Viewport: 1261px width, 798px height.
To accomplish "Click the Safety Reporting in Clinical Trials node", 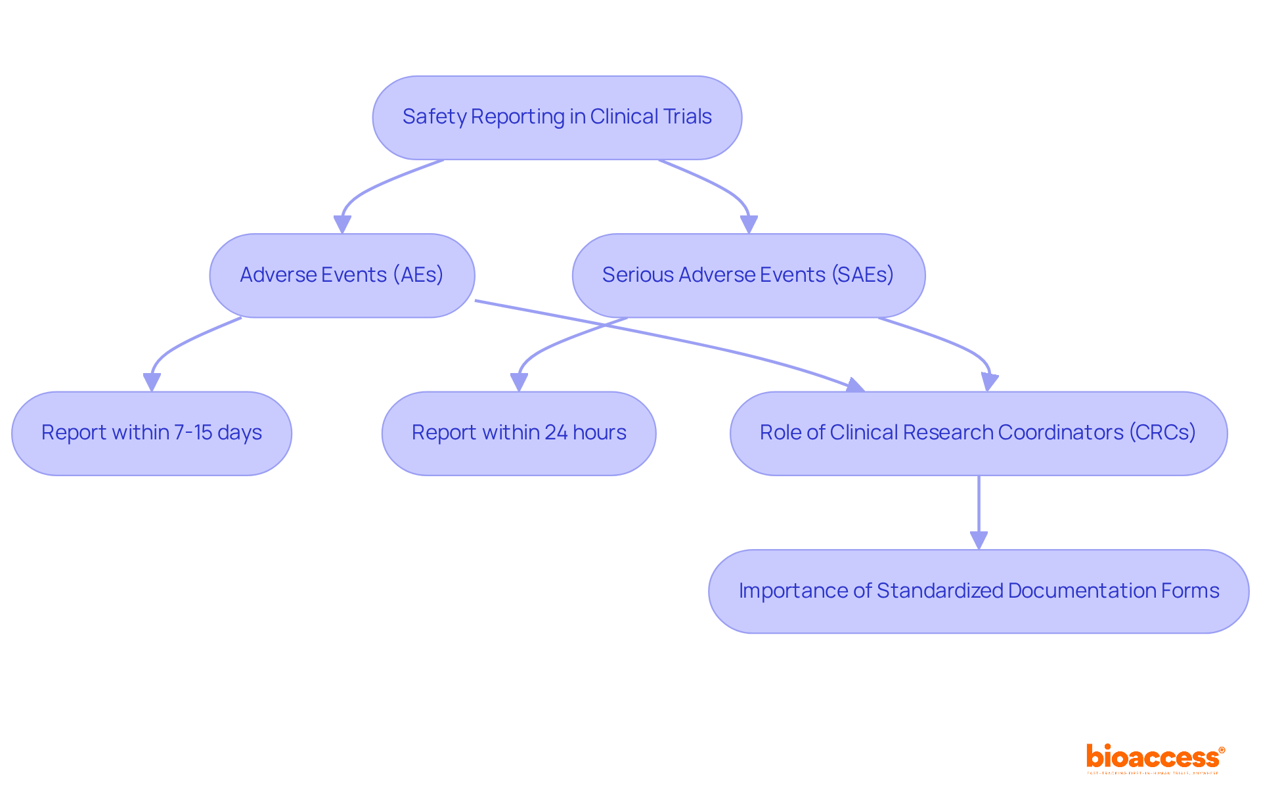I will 557,118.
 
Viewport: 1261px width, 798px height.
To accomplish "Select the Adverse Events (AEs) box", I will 342,275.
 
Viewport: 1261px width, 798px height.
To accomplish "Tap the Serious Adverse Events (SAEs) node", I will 748,275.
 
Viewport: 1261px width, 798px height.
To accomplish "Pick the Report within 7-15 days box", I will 152,433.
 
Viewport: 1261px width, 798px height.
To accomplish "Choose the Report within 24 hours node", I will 519,433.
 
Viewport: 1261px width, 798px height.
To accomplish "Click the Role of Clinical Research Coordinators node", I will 978,433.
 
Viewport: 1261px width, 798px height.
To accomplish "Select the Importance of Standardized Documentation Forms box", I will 979,591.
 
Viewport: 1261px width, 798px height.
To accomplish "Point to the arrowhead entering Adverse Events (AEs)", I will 342,225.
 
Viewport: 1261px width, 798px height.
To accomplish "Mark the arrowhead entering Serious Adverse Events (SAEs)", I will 749,225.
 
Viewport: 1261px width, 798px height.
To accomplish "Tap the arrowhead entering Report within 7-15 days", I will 152,383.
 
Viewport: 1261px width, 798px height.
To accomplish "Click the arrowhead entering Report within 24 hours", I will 519,383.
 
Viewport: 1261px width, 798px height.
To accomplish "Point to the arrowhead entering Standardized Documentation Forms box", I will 979,541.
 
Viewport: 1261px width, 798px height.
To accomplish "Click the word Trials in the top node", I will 687,117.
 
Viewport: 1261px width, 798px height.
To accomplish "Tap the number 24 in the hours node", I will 556,433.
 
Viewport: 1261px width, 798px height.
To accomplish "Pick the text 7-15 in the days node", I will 193,433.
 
